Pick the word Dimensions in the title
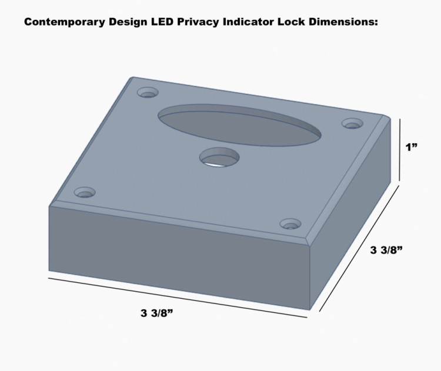click(x=342, y=23)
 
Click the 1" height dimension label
click(x=412, y=147)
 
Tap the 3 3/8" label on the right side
click(x=386, y=251)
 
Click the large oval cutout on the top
click(x=240, y=125)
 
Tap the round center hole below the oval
click(x=219, y=157)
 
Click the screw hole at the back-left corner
click(x=148, y=93)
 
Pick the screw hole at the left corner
click(x=84, y=192)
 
